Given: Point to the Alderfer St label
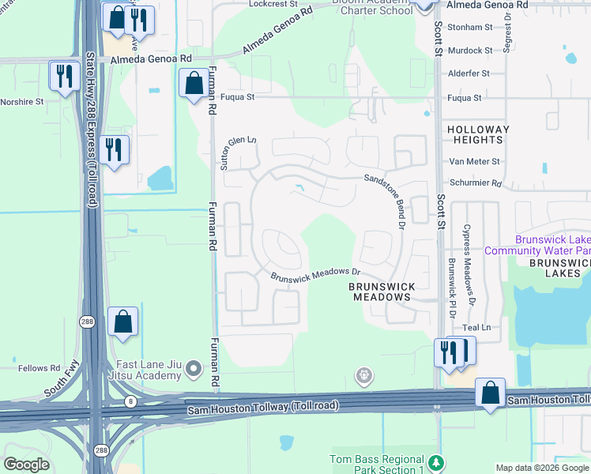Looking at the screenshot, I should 469,73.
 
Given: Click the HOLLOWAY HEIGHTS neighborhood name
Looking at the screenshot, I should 474,134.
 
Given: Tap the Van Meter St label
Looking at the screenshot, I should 474,161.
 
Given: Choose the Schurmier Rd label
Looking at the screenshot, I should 475,183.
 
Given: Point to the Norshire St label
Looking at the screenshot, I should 21,101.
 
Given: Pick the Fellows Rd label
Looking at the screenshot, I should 40,368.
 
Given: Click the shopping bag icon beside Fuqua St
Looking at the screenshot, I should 194,82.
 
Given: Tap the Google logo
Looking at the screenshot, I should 27,465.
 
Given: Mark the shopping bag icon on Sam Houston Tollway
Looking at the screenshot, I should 490,392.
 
